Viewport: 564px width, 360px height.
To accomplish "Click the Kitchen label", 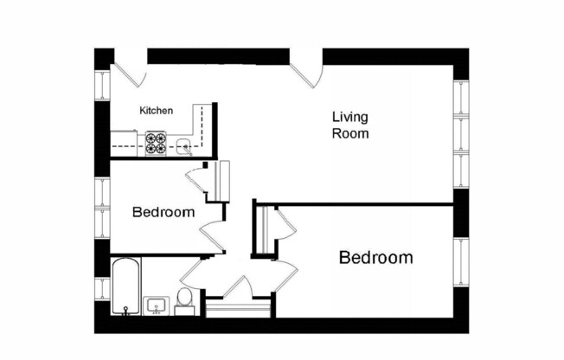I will coord(157,111).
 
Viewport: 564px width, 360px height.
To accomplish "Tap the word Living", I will coord(350,118).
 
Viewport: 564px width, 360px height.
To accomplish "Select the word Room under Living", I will coord(351,134).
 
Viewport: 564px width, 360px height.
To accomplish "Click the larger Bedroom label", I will coord(375,258).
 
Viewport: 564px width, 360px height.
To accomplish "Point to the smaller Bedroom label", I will coord(163,212).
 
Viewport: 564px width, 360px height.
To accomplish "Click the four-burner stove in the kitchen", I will coord(156,142).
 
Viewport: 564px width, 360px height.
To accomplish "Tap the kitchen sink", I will coord(184,146).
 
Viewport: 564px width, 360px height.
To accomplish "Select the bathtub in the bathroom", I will coord(124,286).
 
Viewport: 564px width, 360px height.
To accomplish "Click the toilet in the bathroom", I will coord(183,299).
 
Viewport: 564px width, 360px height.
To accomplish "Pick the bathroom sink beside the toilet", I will coord(157,305).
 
